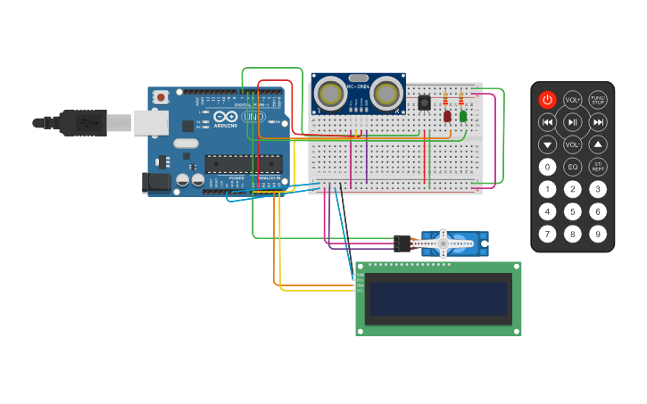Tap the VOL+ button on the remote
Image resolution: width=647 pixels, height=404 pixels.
coord(573,100)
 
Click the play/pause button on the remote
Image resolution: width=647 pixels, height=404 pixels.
coord(573,122)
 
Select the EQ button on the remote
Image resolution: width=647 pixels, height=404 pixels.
coord(573,167)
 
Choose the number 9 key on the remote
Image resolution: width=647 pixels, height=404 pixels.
coord(598,234)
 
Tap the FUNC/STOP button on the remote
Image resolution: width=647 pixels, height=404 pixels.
coord(598,100)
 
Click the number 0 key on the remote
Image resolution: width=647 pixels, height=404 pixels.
coord(547,167)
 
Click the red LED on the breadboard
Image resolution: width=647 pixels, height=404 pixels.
coord(447,116)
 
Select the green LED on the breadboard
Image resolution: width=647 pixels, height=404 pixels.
coord(463,116)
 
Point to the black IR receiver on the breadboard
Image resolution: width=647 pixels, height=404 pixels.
coord(424,102)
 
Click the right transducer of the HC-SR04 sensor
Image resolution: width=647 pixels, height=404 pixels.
coord(386,93)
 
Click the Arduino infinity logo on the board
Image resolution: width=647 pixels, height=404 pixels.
coord(227,117)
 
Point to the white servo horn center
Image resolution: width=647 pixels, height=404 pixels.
coord(443,243)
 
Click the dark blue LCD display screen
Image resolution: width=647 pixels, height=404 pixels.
coord(438,299)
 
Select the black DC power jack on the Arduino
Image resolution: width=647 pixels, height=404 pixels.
coord(157,183)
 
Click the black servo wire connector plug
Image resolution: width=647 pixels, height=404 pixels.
coord(402,243)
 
